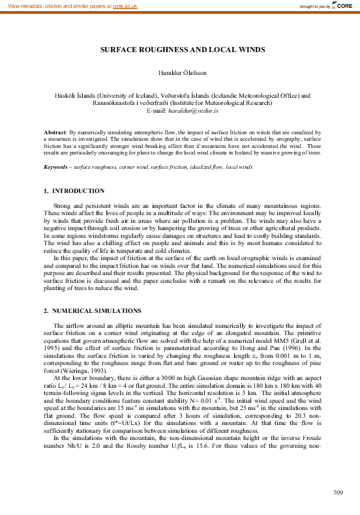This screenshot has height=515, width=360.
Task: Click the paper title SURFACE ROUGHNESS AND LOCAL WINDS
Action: [x=179, y=50]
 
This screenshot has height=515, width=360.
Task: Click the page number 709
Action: [x=338, y=491]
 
